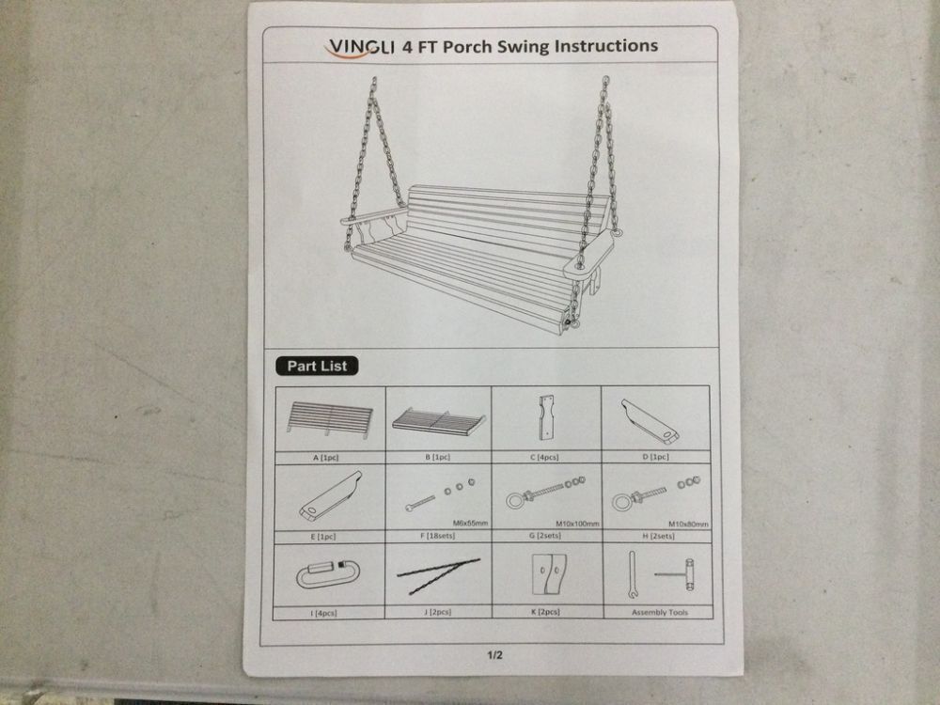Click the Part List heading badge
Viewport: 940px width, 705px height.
pyautogui.click(x=317, y=366)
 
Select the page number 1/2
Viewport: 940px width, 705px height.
pyautogui.click(x=494, y=655)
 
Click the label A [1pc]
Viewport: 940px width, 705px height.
pyautogui.click(x=325, y=458)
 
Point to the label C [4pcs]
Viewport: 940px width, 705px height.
pyautogui.click(x=544, y=458)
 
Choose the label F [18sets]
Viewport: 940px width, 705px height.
pyautogui.click(x=437, y=536)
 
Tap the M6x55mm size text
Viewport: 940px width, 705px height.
pyautogui.click(x=471, y=523)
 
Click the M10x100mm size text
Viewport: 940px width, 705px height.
pyautogui.click(x=577, y=524)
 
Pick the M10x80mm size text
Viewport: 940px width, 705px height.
pyautogui.click(x=688, y=524)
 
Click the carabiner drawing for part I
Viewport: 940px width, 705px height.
pyautogui.click(x=325, y=574)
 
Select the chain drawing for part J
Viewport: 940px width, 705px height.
pyautogui.click(x=438, y=575)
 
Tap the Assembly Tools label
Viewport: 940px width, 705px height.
pyautogui.click(x=660, y=612)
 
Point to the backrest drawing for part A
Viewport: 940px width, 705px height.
pyautogui.click(x=329, y=419)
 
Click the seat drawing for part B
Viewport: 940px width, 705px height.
pyautogui.click(x=439, y=421)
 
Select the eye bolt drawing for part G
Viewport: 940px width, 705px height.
pyautogui.click(x=545, y=492)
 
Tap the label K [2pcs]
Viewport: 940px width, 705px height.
pyautogui.click(x=545, y=612)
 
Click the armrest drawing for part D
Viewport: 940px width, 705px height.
pyautogui.click(x=650, y=421)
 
